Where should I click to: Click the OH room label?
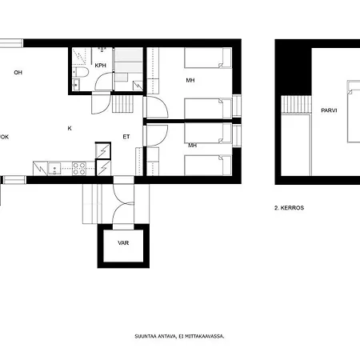pyautogui.click(x=18, y=73)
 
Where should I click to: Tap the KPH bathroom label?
pyautogui.click(x=100, y=66)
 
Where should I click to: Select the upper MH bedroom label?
pyautogui.click(x=191, y=80)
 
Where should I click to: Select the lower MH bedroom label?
pyautogui.click(x=192, y=146)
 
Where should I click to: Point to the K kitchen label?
pyautogui.click(x=70, y=128)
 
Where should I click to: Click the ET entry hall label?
pyautogui.click(x=126, y=137)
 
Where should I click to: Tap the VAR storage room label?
pyautogui.click(x=123, y=242)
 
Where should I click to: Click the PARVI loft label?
pyautogui.click(x=328, y=111)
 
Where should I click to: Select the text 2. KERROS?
pyautogui.click(x=289, y=207)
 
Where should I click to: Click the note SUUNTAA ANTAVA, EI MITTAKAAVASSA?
pyautogui.click(x=179, y=336)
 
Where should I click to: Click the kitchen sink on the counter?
pyautogui.click(x=53, y=168)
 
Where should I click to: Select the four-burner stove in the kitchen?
pyautogui.click(x=79, y=168)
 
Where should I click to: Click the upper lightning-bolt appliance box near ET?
pyautogui.click(x=104, y=150)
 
